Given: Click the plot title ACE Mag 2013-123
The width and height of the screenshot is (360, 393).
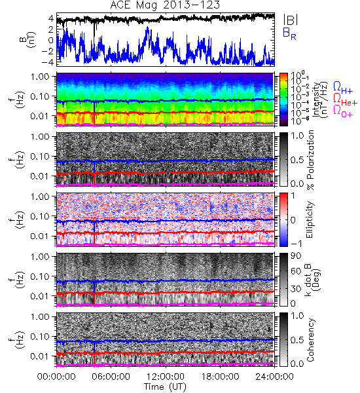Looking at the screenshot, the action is coord(165,5).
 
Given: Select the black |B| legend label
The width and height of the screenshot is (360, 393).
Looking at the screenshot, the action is coord(290,20).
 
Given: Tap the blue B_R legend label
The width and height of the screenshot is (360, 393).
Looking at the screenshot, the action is coord(289,33).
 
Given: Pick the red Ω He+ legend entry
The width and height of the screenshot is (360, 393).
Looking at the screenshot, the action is coord(345,100).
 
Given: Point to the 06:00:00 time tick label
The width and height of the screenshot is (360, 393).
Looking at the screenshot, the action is coord(111,377).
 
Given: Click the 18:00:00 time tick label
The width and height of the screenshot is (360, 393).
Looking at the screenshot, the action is coord(220,377).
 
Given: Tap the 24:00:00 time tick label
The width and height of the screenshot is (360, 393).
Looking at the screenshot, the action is coord(274,377).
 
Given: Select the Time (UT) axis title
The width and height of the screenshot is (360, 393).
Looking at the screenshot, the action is coord(165,386).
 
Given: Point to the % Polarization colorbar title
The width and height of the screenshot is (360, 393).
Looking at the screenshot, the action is coord(310,160).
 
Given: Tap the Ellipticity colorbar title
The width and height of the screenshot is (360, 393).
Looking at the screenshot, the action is coord(310,220).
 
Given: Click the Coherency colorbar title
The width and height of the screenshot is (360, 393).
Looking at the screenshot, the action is coord(310,340).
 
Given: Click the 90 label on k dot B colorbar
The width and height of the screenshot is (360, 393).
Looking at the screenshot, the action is coord(296,256).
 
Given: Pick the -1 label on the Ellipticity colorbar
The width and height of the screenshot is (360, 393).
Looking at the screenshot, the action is coord(296,244).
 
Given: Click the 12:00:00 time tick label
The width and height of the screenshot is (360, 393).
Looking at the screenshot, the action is coord(166,377).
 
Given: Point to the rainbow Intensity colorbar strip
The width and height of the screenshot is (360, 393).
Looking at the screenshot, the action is coord(283,100).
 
